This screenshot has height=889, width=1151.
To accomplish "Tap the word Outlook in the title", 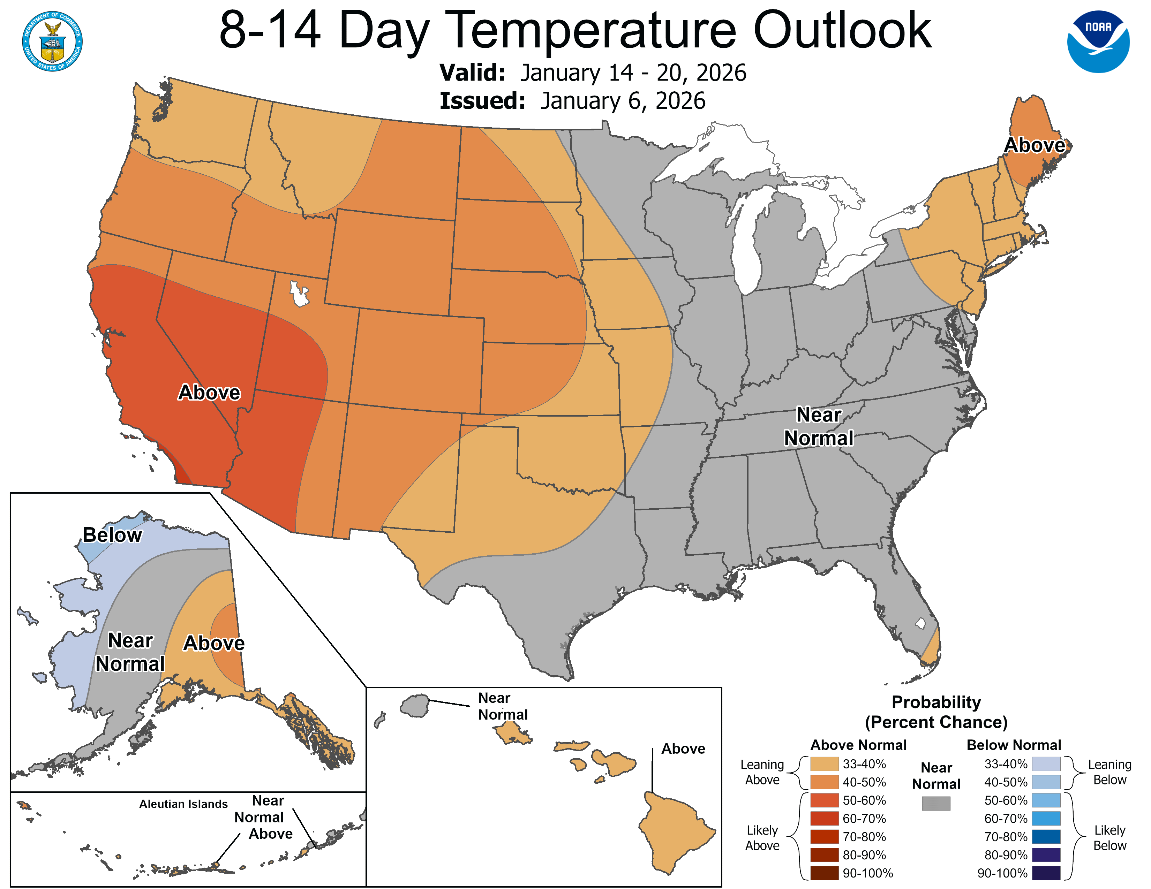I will coord(842,31).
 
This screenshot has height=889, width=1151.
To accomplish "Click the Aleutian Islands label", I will coord(183,804).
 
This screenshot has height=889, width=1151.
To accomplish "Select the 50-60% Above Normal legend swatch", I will coord(824,800).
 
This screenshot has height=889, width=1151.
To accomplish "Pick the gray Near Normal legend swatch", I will coord(936,803).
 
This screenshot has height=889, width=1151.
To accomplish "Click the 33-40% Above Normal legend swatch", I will coord(824,763).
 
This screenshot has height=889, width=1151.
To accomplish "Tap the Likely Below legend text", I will coord(1109,837).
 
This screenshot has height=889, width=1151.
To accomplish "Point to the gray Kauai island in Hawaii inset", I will coord(415,705).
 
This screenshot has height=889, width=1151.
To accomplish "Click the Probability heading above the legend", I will coord(936,702).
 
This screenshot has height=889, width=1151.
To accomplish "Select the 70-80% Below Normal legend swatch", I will coord(1046,836).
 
